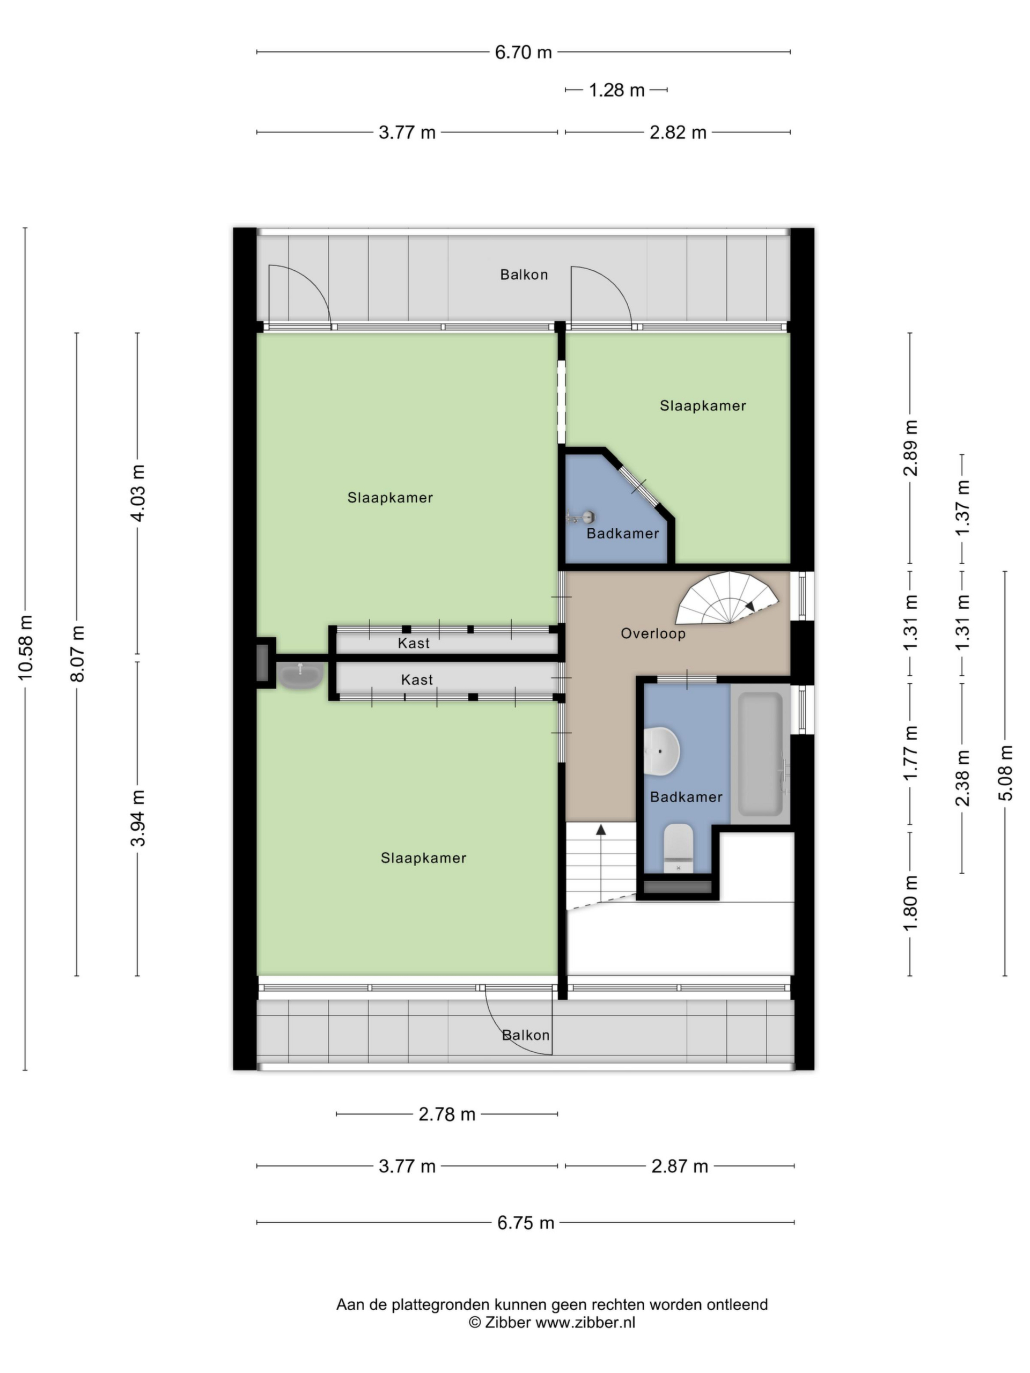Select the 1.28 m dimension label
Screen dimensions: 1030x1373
coord(616,90)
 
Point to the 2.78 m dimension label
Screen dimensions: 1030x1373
coord(446,1114)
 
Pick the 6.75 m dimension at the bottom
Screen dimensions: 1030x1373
coord(525,1223)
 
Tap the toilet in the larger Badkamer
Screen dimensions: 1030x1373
coord(678,848)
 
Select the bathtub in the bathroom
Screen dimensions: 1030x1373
coord(760,754)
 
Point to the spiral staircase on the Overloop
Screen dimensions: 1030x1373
coord(726,598)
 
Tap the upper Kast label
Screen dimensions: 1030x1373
coord(414,643)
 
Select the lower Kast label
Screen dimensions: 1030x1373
coord(417,680)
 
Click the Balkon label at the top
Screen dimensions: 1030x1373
coord(524,275)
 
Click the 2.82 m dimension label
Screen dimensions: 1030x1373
coord(678,132)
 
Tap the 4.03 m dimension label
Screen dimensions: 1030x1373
coord(138,493)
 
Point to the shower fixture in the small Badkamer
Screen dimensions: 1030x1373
coord(581,516)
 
